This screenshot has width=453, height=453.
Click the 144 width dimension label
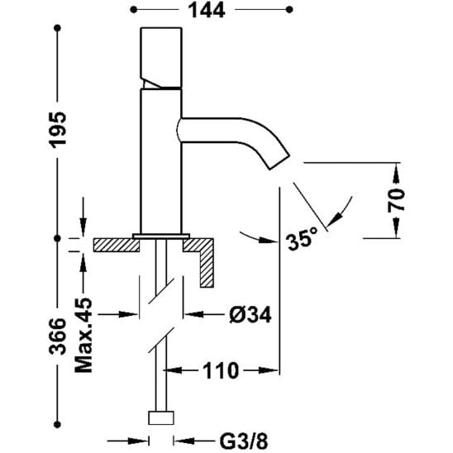coord(207,11)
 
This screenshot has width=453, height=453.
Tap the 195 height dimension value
coord(58,131)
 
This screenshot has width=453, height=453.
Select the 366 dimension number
coord(57,336)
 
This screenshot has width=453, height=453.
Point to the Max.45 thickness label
coord(83,335)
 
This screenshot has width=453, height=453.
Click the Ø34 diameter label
coord(250,314)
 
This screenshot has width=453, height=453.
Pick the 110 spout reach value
coord(221,370)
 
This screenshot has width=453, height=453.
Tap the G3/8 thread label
coord(244,441)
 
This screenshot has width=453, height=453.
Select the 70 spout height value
coord(396,200)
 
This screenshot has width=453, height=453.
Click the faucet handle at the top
coord(161,58)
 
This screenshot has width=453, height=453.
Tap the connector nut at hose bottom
coord(161,417)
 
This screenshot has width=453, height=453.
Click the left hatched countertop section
coord(116,245)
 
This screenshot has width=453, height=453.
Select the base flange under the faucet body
coord(161,236)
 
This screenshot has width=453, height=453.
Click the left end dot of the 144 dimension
coord(133,10)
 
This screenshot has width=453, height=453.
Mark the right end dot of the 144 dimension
coord(289,10)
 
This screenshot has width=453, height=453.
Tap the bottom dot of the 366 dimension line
coord(58,424)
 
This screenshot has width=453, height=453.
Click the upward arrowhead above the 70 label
coord(396,174)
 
